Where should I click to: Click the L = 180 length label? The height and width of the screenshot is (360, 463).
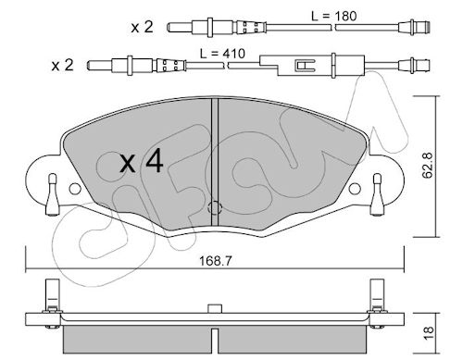333,16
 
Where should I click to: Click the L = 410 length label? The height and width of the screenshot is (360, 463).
222,54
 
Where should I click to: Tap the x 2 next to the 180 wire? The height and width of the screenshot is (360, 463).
142,27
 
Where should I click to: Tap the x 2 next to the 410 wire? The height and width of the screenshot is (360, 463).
63,66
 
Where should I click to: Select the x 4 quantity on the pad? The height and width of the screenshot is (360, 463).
142,162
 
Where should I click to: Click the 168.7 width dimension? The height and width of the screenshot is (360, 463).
215,261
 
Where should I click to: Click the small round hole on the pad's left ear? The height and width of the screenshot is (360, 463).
75,189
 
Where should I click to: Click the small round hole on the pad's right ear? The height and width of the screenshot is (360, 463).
355,189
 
